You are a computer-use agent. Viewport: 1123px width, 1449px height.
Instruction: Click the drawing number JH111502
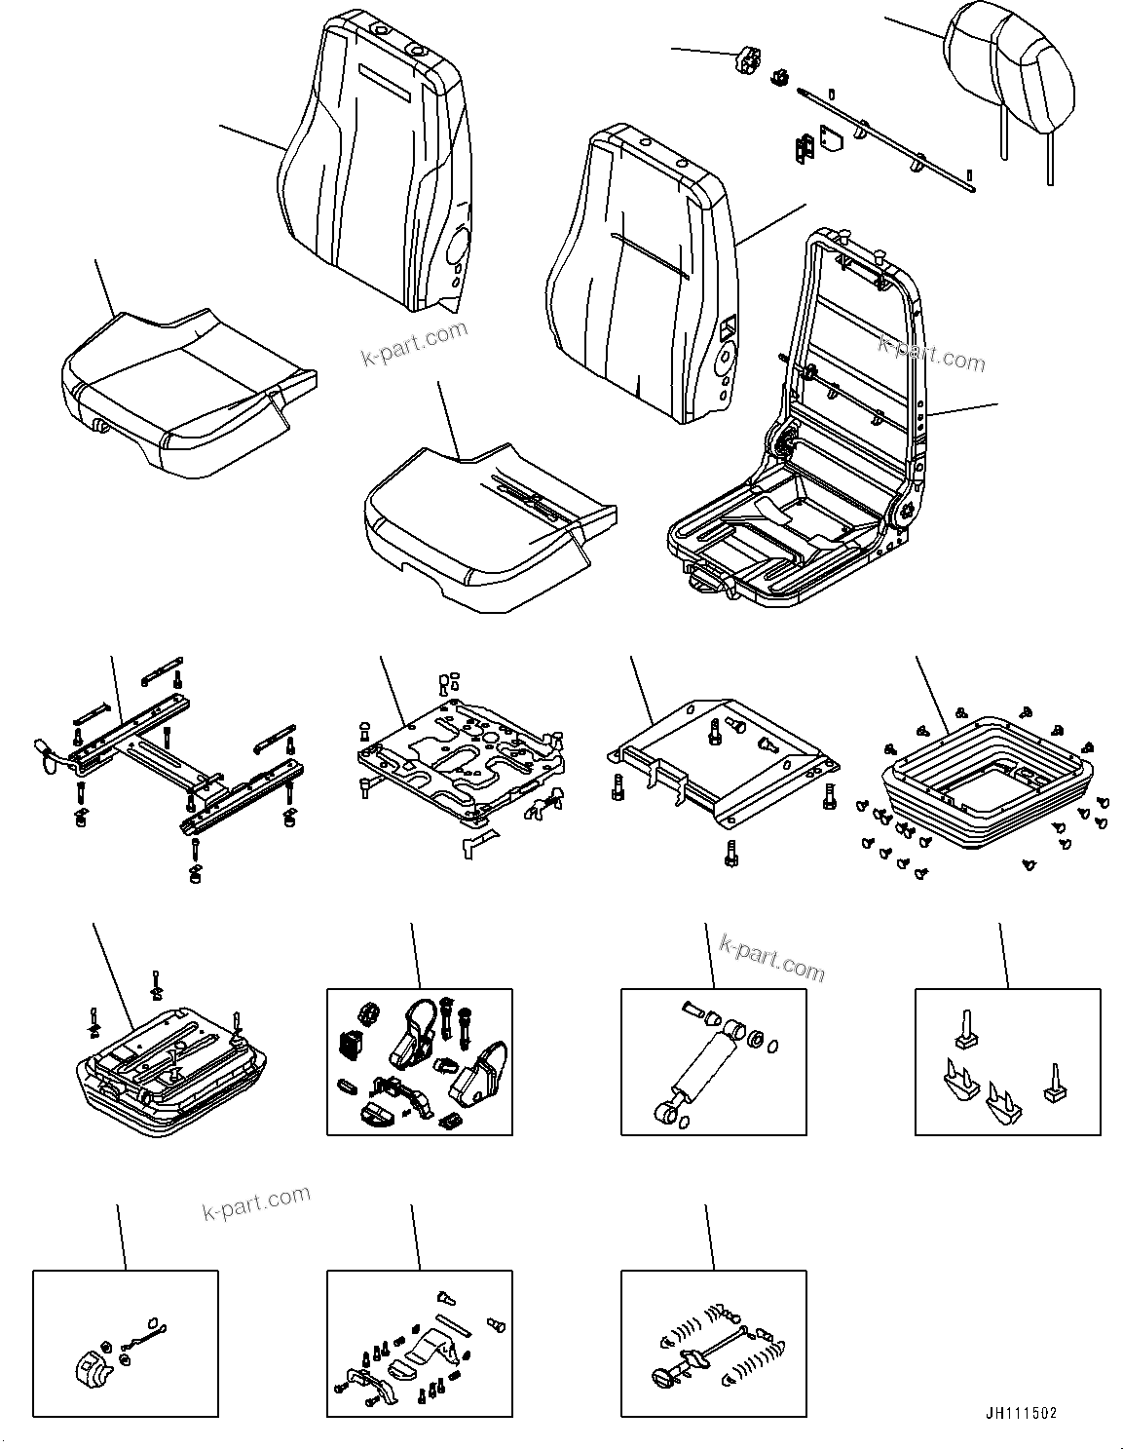pos(1018,1412)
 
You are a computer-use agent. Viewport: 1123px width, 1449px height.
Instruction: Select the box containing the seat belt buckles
pos(419,1062)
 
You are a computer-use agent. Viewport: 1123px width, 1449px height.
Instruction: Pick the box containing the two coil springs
pos(714,1344)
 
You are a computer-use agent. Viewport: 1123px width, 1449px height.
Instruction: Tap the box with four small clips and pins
pos(1007,1062)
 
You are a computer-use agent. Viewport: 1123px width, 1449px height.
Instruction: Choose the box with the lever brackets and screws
pos(419,1344)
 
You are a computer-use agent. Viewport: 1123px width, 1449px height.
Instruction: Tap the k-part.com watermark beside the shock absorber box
pos(771,956)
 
